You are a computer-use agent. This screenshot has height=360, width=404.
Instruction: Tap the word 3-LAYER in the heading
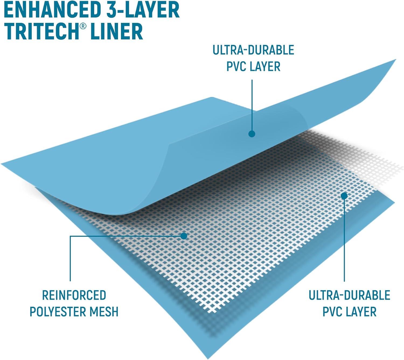tap(141, 10)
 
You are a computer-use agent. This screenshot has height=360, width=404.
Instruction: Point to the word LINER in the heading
tap(116, 31)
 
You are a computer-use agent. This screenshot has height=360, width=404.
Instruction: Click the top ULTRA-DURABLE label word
tap(253, 50)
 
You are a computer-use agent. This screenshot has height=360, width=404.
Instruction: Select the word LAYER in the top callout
tap(266, 66)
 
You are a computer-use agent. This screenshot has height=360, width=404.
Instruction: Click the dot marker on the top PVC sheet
tap(252, 134)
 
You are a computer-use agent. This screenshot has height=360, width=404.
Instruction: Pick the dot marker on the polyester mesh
tap(184, 236)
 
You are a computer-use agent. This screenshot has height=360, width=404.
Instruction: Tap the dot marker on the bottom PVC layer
tap(344, 196)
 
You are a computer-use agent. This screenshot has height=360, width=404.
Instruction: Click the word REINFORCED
tap(74, 295)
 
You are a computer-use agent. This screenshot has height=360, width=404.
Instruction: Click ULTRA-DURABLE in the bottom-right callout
tap(349, 295)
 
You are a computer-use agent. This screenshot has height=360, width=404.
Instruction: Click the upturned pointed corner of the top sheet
tap(395, 60)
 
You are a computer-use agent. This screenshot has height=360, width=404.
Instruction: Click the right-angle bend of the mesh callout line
tap(70, 236)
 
